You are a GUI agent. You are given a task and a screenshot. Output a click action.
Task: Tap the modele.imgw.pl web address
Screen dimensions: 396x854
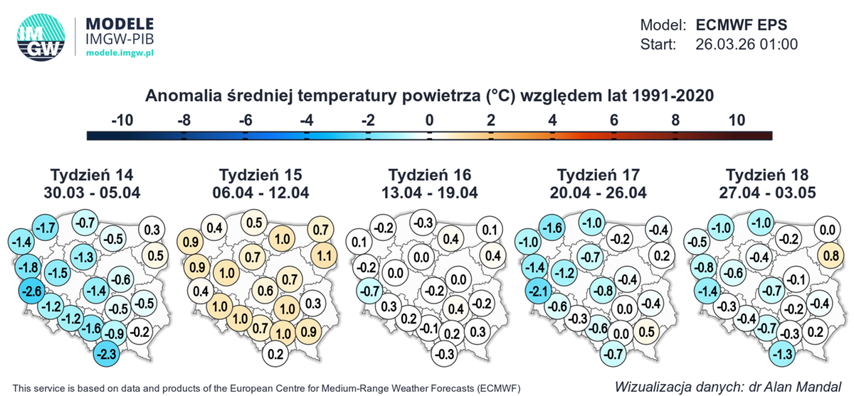[120, 53]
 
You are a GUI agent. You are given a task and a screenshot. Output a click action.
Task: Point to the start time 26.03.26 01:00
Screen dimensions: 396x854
[746, 44]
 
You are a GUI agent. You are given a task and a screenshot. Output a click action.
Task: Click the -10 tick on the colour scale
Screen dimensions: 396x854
[122, 120]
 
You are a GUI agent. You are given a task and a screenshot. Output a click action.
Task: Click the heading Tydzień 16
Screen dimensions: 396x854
[430, 175]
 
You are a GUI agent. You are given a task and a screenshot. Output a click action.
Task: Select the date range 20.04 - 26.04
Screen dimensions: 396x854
[598, 192]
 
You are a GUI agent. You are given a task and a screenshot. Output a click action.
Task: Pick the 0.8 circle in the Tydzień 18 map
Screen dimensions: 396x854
[828, 255]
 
